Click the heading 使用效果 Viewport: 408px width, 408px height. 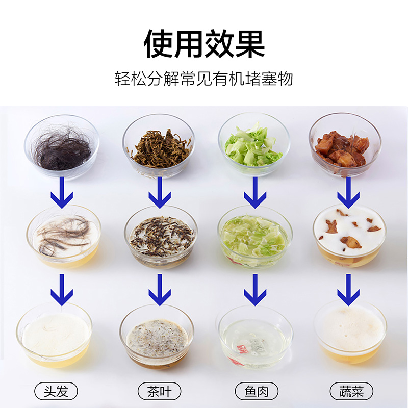204,43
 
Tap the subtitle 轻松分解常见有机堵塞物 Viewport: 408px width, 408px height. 204,79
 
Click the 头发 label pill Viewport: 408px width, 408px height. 56,391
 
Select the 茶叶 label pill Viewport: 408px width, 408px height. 159,391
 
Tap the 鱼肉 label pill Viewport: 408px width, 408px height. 257,391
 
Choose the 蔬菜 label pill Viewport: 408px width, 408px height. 351,391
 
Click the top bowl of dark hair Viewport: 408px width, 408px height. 62,147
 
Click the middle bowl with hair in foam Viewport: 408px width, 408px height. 64,237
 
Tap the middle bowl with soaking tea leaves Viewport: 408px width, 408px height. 161,237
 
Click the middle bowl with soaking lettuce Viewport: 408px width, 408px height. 255,237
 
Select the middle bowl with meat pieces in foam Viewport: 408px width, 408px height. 349,236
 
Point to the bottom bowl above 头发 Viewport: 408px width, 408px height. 54,335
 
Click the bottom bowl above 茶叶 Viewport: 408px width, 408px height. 157,337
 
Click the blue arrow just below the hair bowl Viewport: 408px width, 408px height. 62,193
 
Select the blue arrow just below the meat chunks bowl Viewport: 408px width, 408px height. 348,193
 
